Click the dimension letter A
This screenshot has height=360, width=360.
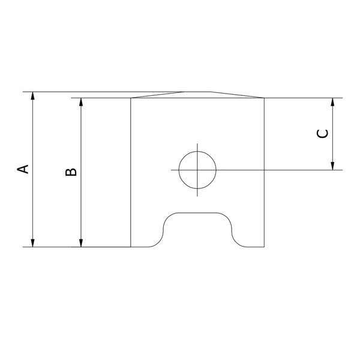pos(23,169)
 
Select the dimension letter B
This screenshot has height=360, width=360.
pos(71,172)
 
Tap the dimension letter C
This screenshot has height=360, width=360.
pos(322,134)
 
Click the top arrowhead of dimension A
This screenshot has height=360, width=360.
pos(32,96)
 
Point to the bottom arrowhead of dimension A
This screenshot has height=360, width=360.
pos(32,243)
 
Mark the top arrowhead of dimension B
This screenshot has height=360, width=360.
pos(81,102)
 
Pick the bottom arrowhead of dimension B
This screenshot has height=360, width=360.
pos(81,243)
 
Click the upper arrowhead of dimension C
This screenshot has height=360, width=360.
pos(332,102)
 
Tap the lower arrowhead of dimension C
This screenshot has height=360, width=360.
pos(332,166)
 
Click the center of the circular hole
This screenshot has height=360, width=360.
pos(197,170)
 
